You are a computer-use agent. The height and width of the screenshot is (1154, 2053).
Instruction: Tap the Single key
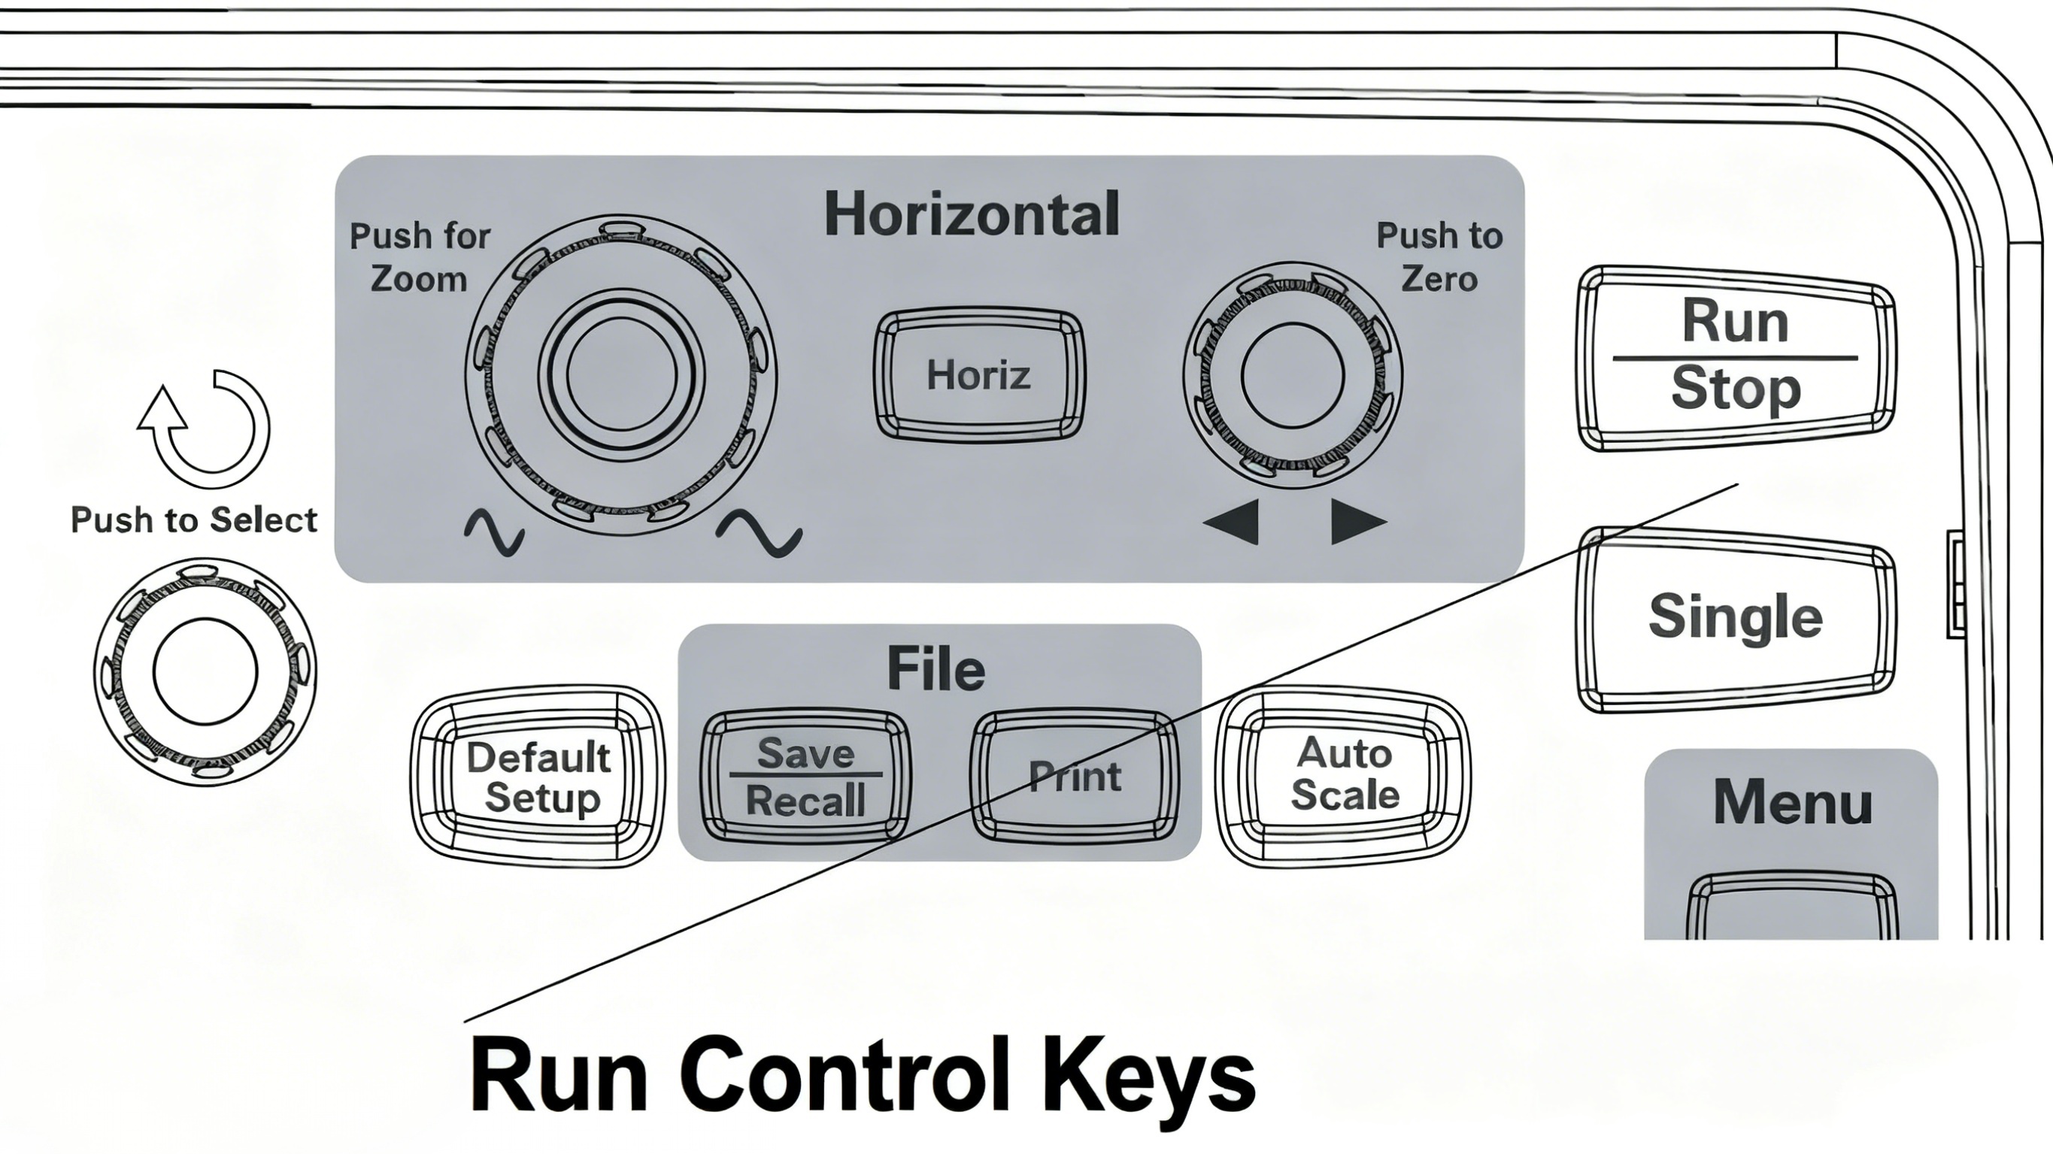[x=1735, y=618]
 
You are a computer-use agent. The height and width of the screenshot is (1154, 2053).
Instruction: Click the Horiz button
[x=978, y=374]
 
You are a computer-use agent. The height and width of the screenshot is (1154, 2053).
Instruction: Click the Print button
[x=1075, y=775]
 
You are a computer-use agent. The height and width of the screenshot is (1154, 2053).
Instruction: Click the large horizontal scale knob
[x=621, y=373]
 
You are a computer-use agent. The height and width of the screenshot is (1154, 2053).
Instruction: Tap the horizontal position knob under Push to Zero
[x=1293, y=374]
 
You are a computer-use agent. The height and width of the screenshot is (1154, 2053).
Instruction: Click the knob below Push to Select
[x=205, y=671]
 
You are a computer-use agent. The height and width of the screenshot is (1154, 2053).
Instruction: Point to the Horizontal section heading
[x=972, y=214]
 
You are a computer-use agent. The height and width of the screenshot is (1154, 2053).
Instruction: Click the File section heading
[x=936, y=668]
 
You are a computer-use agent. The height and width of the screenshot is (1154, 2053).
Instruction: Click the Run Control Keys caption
[x=863, y=1074]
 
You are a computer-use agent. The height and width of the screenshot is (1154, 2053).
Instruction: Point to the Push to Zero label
[x=1439, y=256]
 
